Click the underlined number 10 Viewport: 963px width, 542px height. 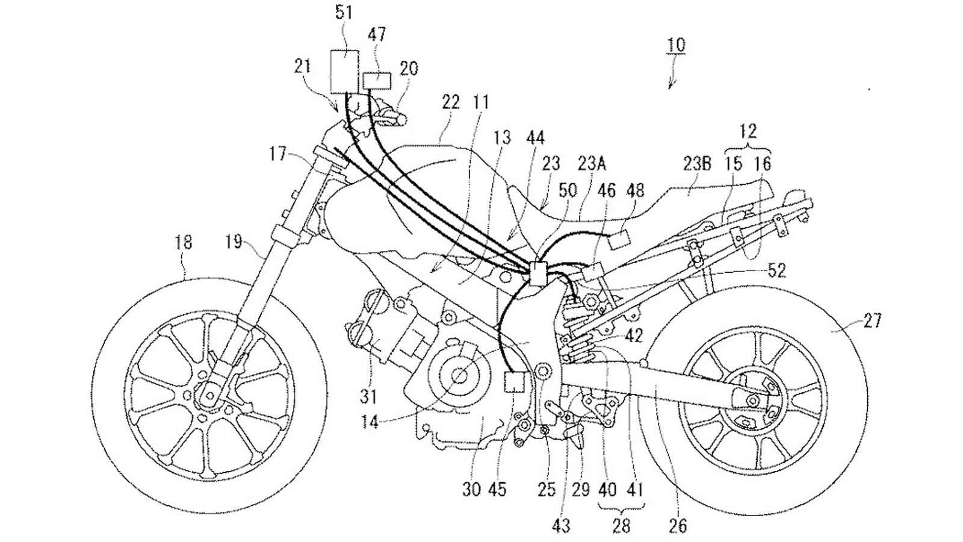[x=676, y=46]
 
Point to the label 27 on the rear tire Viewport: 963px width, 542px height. [x=871, y=321]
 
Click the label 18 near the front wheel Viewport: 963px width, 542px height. [x=184, y=243]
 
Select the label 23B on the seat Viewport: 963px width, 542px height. [x=698, y=163]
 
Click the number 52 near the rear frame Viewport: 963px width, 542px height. [x=777, y=271]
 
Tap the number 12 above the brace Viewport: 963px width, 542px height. [x=749, y=131]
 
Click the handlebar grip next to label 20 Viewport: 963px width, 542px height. [x=392, y=119]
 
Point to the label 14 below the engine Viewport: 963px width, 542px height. [x=371, y=423]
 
